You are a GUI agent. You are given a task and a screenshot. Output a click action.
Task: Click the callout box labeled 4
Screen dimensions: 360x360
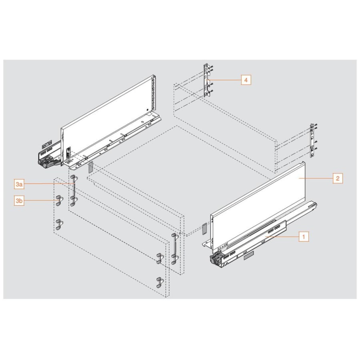coord(246,80)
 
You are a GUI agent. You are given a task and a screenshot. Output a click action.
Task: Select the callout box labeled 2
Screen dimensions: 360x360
coord(337,178)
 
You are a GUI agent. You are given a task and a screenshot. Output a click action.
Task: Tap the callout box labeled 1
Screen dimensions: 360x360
coord(303,237)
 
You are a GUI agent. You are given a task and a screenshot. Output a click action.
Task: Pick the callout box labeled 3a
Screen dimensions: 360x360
coord(19,184)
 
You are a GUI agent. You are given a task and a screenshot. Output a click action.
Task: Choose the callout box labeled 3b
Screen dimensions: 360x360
coord(19,201)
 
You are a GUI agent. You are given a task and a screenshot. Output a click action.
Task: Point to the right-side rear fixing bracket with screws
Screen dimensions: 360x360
coord(312,140)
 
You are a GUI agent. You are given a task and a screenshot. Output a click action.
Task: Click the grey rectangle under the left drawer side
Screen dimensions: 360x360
coord(90,167)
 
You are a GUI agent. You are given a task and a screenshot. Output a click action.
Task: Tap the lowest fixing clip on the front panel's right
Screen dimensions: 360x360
coord(159,282)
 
